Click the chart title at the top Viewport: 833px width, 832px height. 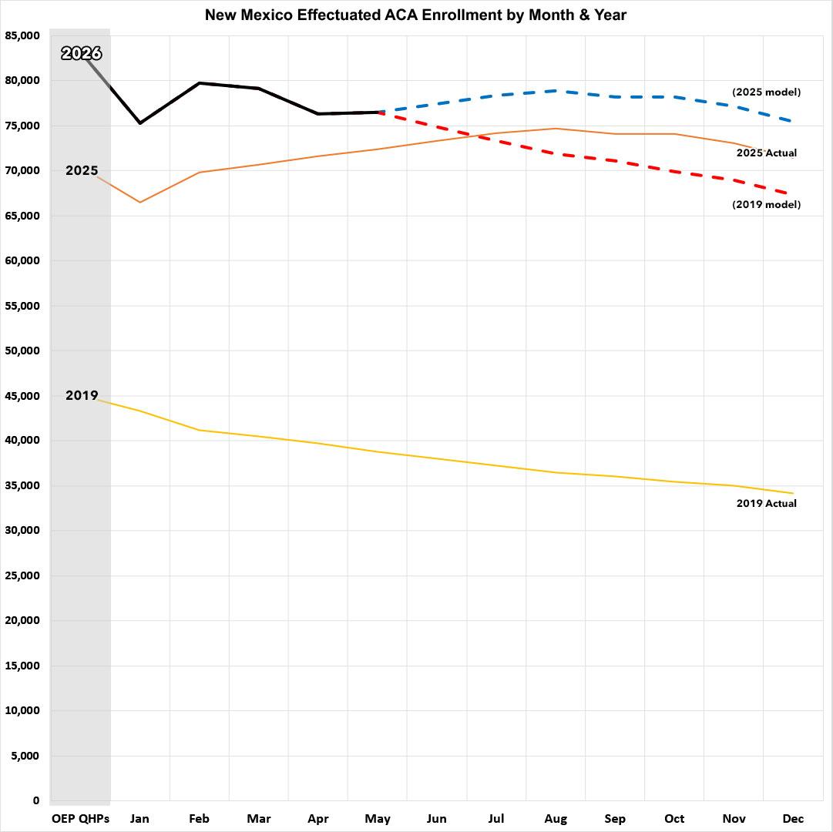pyautogui.click(x=415, y=15)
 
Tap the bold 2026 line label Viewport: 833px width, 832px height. pyautogui.click(x=81, y=53)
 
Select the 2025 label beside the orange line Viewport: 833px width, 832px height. pyautogui.click(x=82, y=170)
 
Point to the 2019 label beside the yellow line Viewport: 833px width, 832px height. pyautogui.click(x=82, y=395)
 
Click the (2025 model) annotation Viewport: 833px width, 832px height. pyautogui.click(x=766, y=92)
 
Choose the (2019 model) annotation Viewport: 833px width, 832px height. pyautogui.click(x=766, y=204)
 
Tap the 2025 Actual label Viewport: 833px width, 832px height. pyautogui.click(x=767, y=153)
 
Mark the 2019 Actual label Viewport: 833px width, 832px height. pyautogui.click(x=767, y=503)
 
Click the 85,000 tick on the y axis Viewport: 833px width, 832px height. pyautogui.click(x=22, y=35)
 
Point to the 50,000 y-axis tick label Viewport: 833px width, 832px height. pyautogui.click(x=22, y=351)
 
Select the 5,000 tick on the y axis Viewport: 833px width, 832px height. pyautogui.click(x=25, y=756)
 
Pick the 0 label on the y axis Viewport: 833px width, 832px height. pyautogui.click(x=36, y=800)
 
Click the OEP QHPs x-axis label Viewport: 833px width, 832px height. pyautogui.click(x=80, y=819)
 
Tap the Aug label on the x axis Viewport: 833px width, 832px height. pyautogui.click(x=556, y=819)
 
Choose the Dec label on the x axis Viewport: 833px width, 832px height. pyautogui.click(x=793, y=819)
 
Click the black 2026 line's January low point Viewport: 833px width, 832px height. pyautogui.click(x=140, y=123)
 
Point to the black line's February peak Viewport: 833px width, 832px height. pyautogui.click(x=200, y=83)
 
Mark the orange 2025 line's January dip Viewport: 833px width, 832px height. pyautogui.click(x=140, y=203)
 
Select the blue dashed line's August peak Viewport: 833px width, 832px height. pyautogui.click(x=556, y=91)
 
